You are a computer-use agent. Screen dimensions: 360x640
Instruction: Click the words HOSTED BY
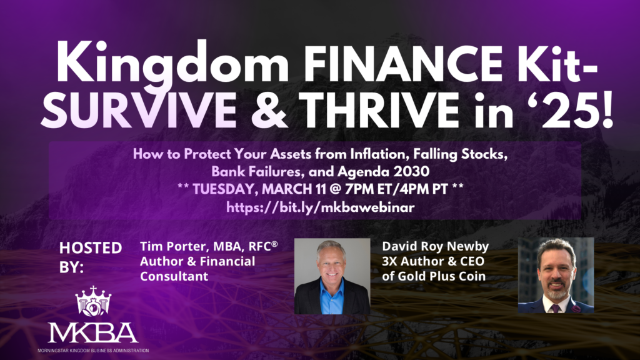pyautogui.click(x=90, y=256)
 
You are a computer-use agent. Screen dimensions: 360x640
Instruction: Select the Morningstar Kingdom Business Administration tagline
pyautogui.click(x=93, y=351)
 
